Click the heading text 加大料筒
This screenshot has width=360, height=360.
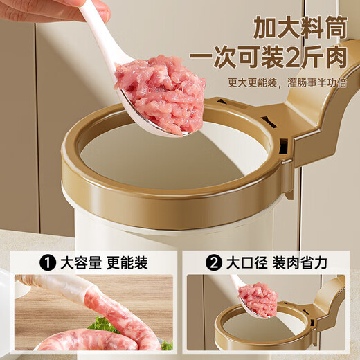coord(300,28)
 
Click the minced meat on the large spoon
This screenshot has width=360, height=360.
coord(161,96)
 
